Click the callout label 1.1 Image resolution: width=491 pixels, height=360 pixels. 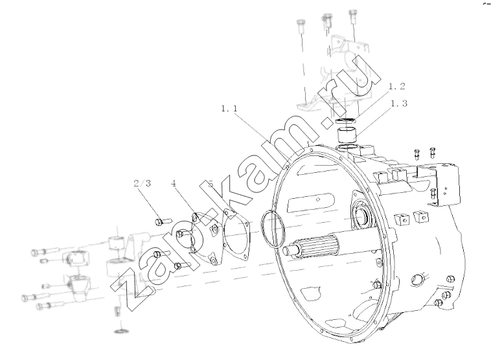point(229,109)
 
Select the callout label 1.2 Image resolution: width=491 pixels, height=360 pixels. point(397,86)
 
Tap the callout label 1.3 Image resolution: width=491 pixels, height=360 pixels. point(399,104)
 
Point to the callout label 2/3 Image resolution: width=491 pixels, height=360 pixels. point(142,183)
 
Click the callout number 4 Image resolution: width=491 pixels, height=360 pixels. point(174,183)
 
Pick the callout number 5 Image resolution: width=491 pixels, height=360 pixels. point(211,183)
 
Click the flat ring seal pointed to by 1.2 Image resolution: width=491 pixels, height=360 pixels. point(345,121)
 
